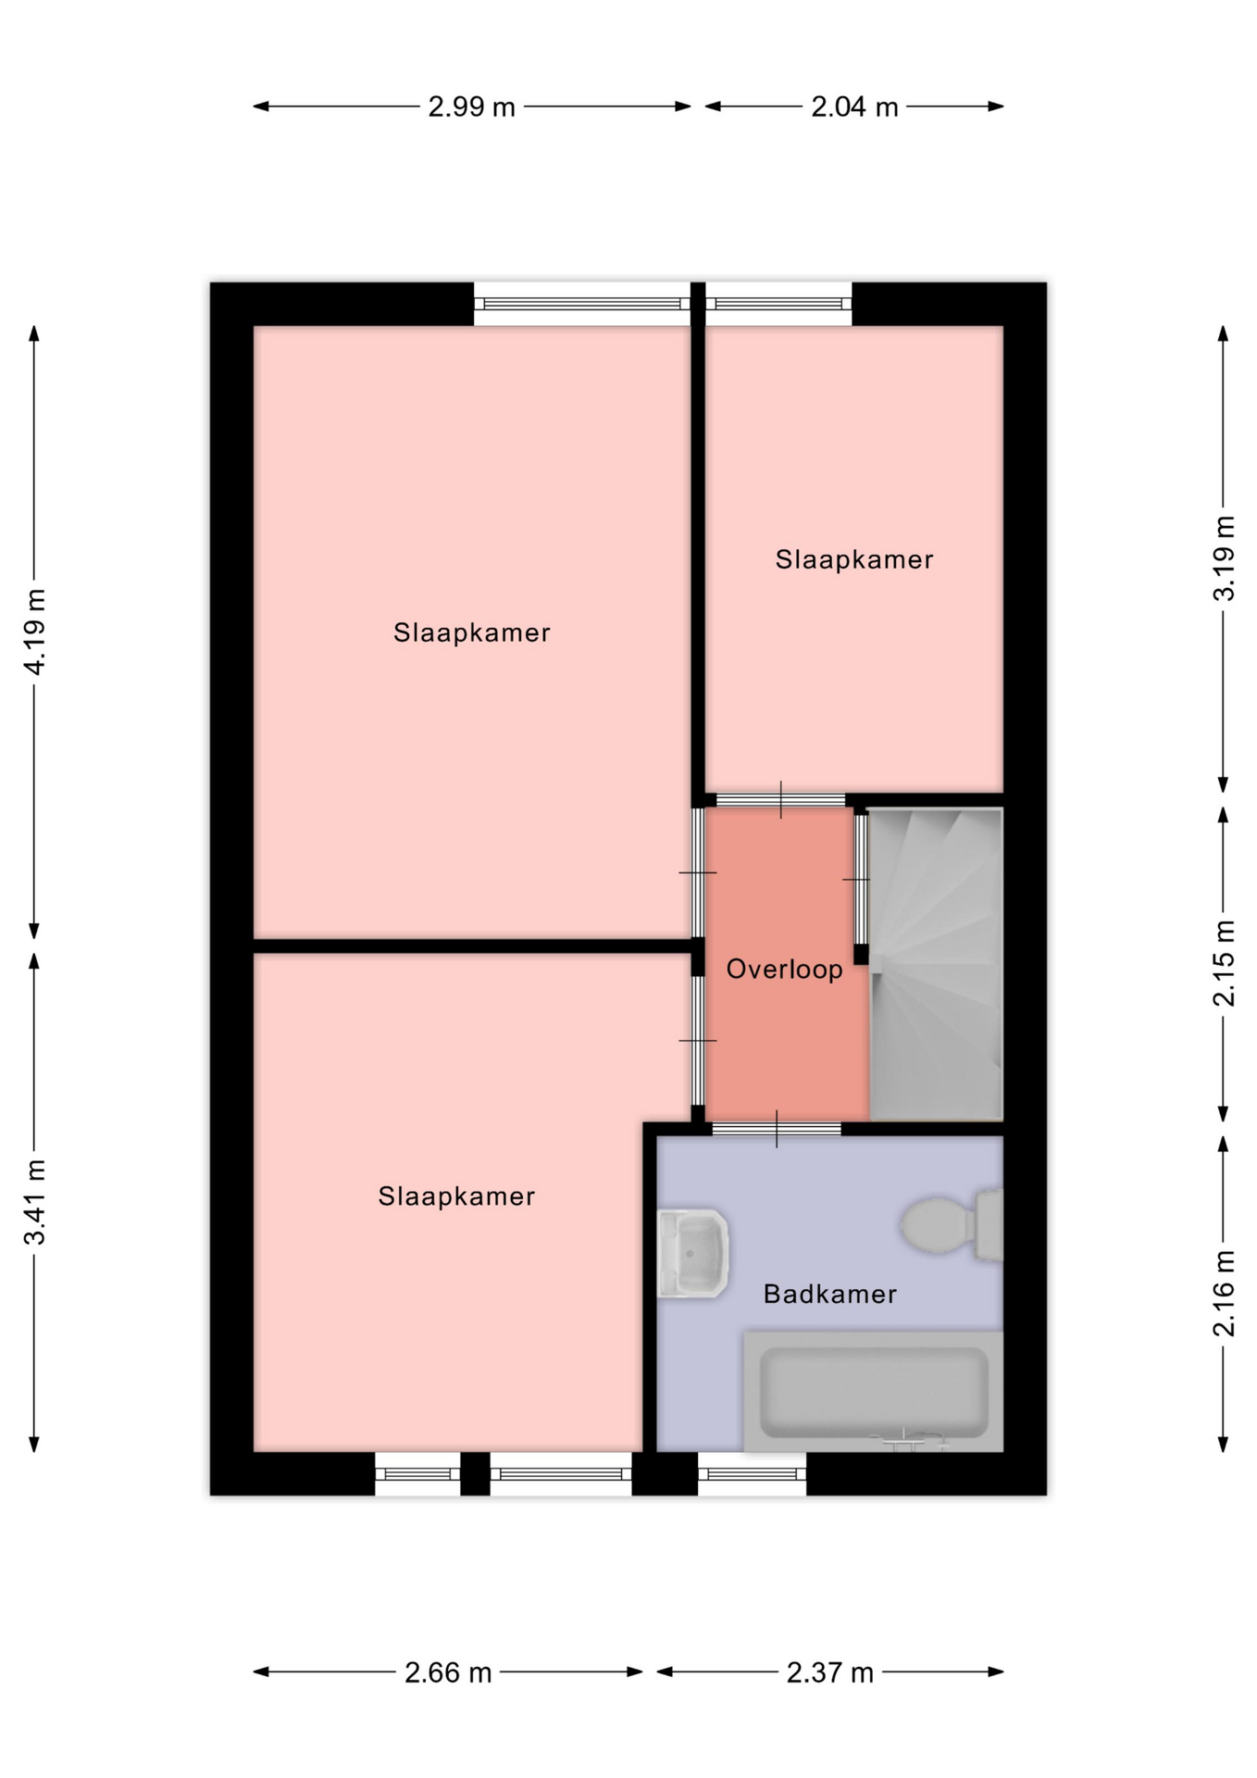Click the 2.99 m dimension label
coord(471,107)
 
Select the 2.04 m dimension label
coord(854,107)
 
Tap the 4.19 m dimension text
coord(34,632)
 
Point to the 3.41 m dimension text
coord(34,1201)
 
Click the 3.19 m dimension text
coord(1224,558)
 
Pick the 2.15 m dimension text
coord(1224,963)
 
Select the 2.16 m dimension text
coord(1224,1294)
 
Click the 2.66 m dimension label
coord(448,1672)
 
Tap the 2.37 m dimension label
coord(830,1672)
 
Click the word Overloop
coord(784,970)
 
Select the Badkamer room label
coord(829,1294)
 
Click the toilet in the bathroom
coord(952,1225)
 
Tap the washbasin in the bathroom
coord(692,1253)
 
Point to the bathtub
coord(874,1392)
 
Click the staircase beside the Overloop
coord(936,964)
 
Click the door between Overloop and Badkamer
coord(777,1129)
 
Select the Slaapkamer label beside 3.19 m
coord(854,559)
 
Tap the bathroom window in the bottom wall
coord(752,1473)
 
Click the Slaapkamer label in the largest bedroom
coord(472,632)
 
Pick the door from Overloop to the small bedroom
coord(780,800)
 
